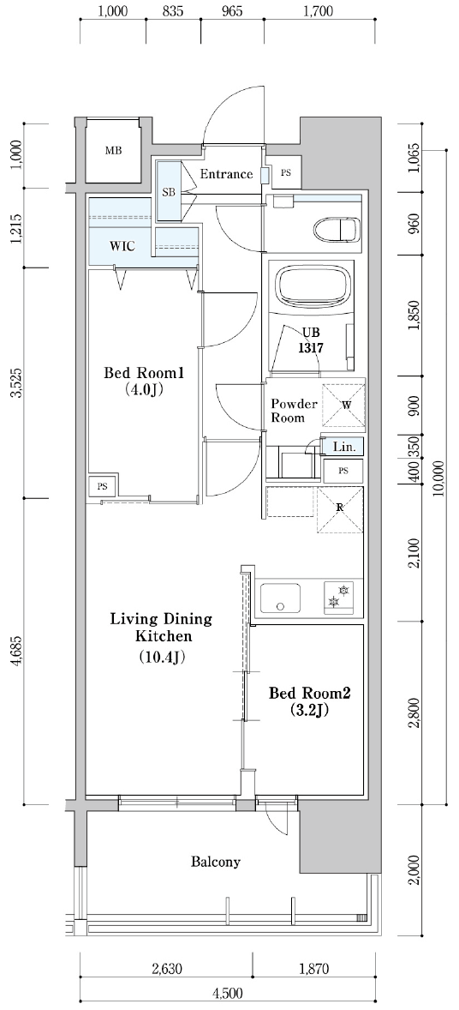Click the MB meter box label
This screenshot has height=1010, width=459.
pyautogui.click(x=113, y=152)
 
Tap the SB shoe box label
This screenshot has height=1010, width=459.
pyautogui.click(x=169, y=191)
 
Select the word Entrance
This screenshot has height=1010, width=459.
pyautogui.click(x=226, y=174)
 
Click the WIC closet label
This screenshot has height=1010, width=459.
pyautogui.click(x=122, y=246)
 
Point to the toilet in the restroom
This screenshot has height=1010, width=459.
pyautogui.click(x=336, y=228)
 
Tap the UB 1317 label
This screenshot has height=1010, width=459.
pyautogui.click(x=313, y=340)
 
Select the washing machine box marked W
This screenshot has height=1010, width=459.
pyautogui.click(x=343, y=406)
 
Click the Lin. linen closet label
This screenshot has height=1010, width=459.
pyautogui.click(x=343, y=447)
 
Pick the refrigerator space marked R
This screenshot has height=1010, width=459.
pyautogui.click(x=339, y=509)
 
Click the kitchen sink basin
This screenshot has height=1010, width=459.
pyautogui.click(x=280, y=599)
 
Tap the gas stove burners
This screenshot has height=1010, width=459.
pyautogui.click(x=338, y=595)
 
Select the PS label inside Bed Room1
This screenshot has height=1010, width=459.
pyautogui.click(x=103, y=486)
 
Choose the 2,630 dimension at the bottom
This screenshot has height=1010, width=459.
pyautogui.click(x=167, y=968)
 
